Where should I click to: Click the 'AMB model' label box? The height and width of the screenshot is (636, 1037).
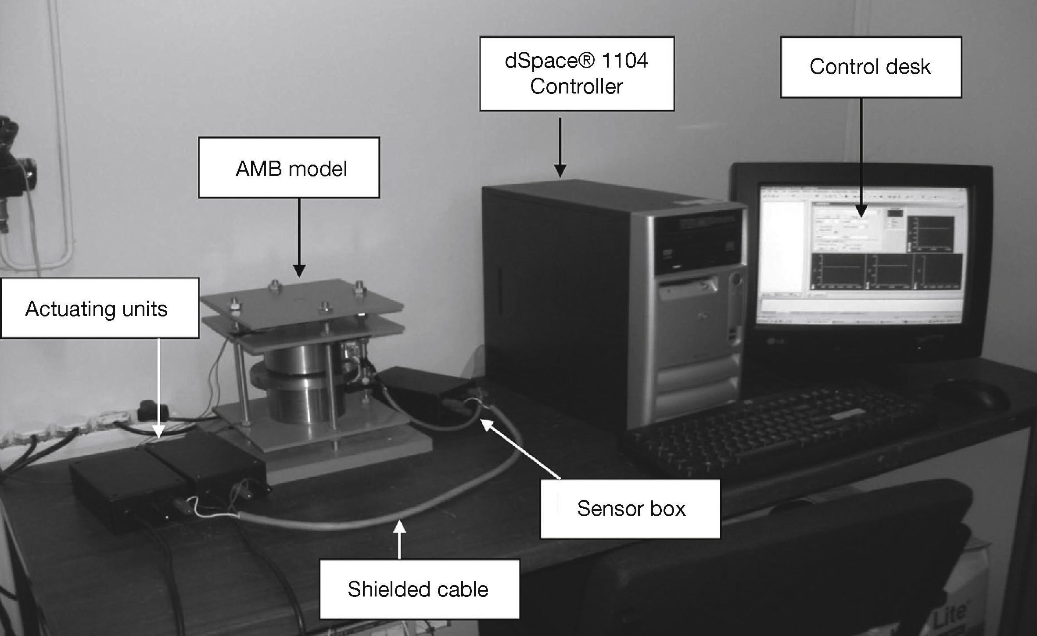click(289, 168)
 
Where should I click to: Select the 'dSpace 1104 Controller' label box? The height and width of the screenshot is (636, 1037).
click(576, 73)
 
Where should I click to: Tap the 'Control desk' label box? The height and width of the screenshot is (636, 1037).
click(871, 67)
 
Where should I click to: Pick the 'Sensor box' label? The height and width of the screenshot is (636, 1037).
click(630, 509)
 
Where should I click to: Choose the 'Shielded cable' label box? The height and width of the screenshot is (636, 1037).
click(419, 589)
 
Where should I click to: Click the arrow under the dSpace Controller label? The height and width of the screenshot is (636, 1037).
click(560, 147)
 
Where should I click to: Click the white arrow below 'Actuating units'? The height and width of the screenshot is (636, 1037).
click(158, 386)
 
